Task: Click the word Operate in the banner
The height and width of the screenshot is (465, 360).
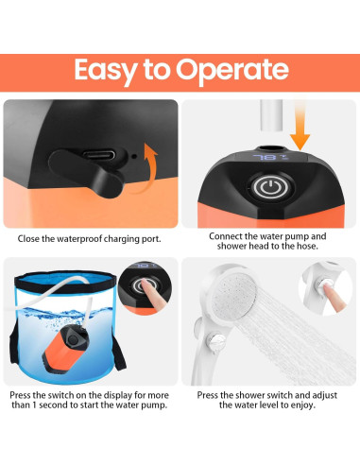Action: pyautogui.click(x=232, y=71)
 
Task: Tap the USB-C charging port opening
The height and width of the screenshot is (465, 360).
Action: pyautogui.click(x=99, y=155)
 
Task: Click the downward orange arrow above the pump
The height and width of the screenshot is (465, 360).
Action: pyautogui.click(x=300, y=126)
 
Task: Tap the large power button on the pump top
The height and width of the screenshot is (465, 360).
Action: pyautogui.click(x=270, y=187)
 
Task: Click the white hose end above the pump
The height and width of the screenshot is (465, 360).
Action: pyautogui.click(x=271, y=115)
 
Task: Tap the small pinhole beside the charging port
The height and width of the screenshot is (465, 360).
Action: pyautogui.click(x=134, y=156)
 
